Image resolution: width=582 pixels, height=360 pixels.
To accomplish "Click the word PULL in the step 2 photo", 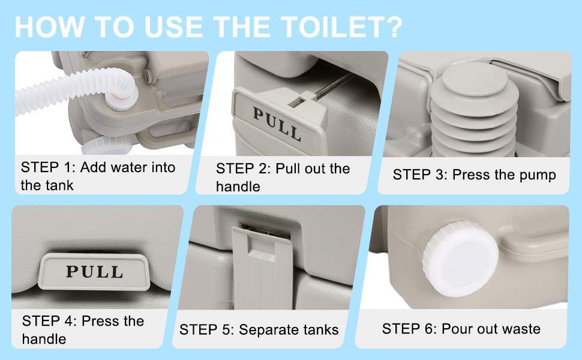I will (x=277, y=122).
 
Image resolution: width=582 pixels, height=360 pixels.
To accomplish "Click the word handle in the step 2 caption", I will (x=238, y=187).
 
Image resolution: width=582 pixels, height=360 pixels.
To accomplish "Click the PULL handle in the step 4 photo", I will (x=95, y=271).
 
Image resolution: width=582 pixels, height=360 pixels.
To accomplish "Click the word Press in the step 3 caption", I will (x=470, y=175).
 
